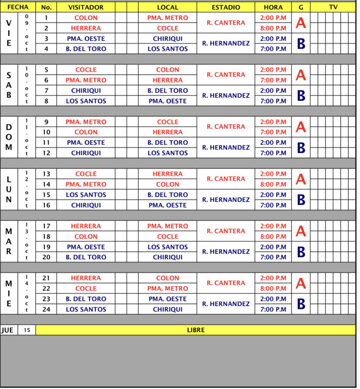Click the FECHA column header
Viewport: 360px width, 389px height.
[x=18, y=7]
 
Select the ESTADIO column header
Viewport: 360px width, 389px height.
[x=226, y=7]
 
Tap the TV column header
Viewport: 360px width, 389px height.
[x=333, y=7]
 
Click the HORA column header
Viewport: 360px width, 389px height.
[x=273, y=7]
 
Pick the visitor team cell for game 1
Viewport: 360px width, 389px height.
[x=86, y=18]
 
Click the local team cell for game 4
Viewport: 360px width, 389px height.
[x=168, y=49]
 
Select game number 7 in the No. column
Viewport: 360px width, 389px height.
[x=46, y=91]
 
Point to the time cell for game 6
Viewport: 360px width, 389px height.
[x=273, y=80]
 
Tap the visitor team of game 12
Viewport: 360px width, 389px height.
[x=86, y=153]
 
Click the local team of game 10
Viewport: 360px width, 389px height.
[x=168, y=132]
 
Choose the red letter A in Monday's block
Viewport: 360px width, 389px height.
[x=301, y=179]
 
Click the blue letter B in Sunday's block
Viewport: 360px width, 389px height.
[x=301, y=148]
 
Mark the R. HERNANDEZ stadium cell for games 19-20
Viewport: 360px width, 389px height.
[x=226, y=252]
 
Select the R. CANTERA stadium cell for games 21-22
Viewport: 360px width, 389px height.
[x=226, y=283]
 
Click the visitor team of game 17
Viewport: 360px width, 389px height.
[x=86, y=226]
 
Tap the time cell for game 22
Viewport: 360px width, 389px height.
[x=273, y=289]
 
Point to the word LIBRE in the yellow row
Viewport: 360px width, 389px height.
[x=196, y=330]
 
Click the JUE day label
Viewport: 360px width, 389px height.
[x=8, y=330]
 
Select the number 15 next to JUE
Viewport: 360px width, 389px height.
[x=27, y=330]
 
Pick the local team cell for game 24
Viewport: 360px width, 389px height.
[x=168, y=309]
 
